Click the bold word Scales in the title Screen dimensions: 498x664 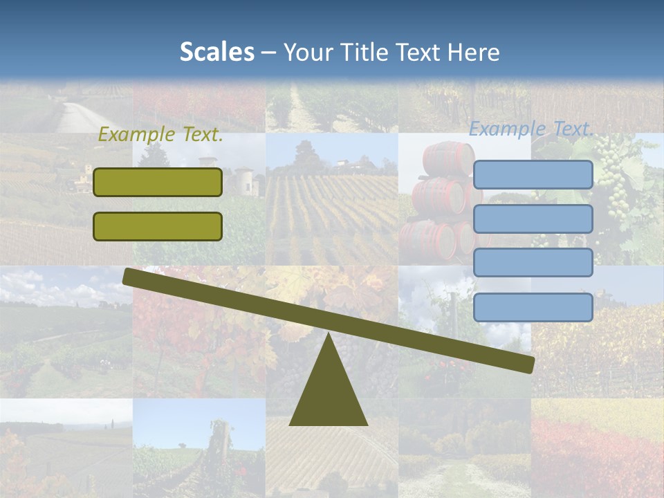pyautogui.click(x=216, y=52)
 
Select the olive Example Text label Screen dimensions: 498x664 pyautogui.click(x=160, y=135)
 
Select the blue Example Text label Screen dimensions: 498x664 pyautogui.click(x=531, y=129)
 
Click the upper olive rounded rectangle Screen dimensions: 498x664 pyautogui.click(x=158, y=183)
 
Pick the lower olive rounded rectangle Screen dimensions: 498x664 pyautogui.click(x=158, y=226)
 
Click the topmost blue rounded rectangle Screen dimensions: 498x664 pyautogui.click(x=533, y=175)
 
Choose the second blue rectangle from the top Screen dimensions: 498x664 pyautogui.click(x=533, y=219)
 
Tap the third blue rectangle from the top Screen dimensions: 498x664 pyautogui.click(x=533, y=263)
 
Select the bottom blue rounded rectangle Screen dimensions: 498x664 pyautogui.click(x=533, y=307)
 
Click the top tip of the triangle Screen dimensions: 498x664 pyautogui.click(x=328, y=336)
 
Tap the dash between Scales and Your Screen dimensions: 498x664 pyautogui.click(x=268, y=53)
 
